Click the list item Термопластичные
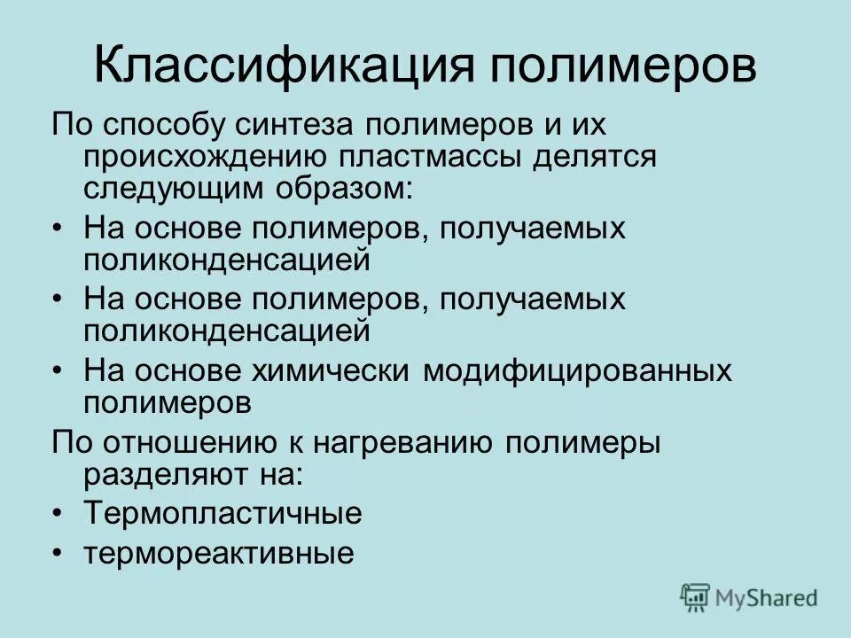click(223, 514)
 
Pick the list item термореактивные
click(219, 554)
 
